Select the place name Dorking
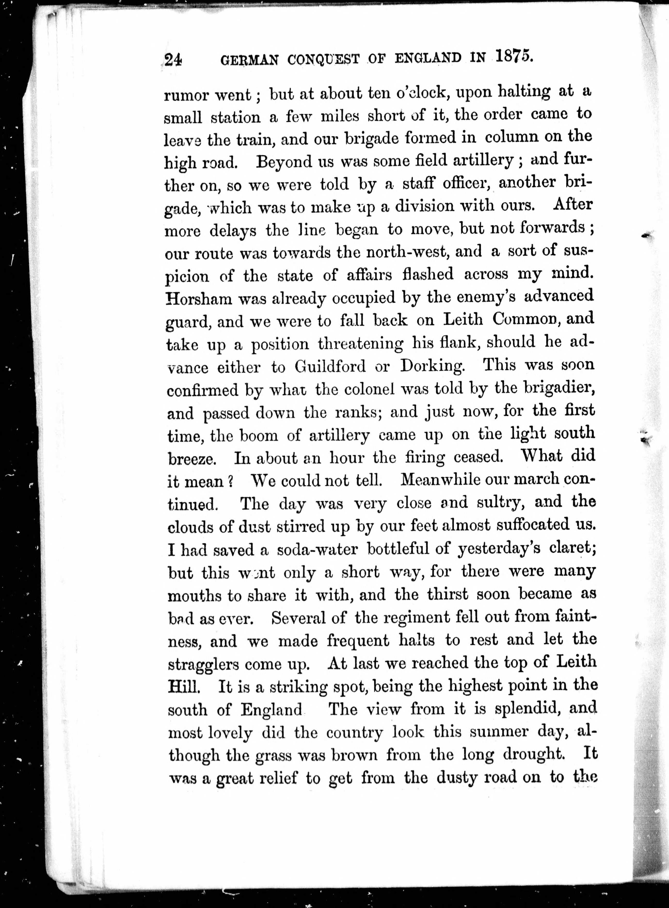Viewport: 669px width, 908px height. (432, 366)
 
